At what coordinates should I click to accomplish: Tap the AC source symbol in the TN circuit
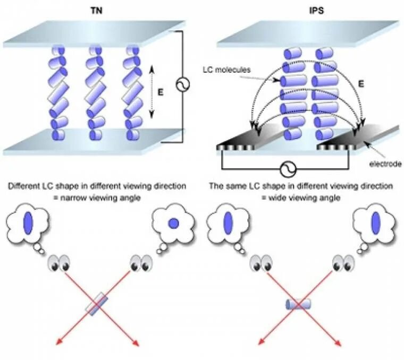(183, 85)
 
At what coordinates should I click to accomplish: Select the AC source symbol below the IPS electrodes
(288, 169)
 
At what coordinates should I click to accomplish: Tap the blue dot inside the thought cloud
(173, 224)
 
